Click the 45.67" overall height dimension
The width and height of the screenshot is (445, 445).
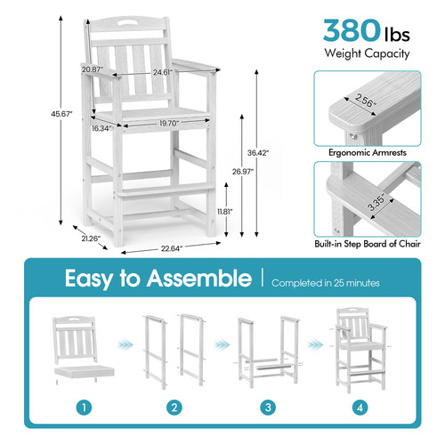(x=61, y=114)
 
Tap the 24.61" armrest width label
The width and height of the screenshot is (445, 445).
(x=163, y=72)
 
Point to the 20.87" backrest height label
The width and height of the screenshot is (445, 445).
(x=93, y=69)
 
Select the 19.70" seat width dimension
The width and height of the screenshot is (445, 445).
(x=169, y=123)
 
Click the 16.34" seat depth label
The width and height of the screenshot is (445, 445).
(x=101, y=128)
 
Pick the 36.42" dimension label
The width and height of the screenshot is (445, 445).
(x=258, y=153)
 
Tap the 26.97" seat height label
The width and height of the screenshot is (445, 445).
(x=243, y=172)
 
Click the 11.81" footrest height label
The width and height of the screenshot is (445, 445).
(x=225, y=212)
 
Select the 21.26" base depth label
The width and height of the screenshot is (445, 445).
(x=91, y=239)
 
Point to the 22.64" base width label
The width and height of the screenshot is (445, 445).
(x=172, y=248)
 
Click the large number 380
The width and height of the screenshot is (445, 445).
(x=352, y=30)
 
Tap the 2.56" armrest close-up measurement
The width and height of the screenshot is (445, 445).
(x=366, y=101)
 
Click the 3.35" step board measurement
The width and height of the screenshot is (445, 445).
(x=376, y=202)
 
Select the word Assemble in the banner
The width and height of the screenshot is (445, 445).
(x=199, y=279)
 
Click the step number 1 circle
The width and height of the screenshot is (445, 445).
(x=85, y=408)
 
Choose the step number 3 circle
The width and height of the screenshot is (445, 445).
(x=268, y=408)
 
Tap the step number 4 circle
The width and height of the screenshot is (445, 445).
(x=360, y=408)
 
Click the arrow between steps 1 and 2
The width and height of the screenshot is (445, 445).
(x=125, y=344)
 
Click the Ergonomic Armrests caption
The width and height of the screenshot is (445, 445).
(x=368, y=152)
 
